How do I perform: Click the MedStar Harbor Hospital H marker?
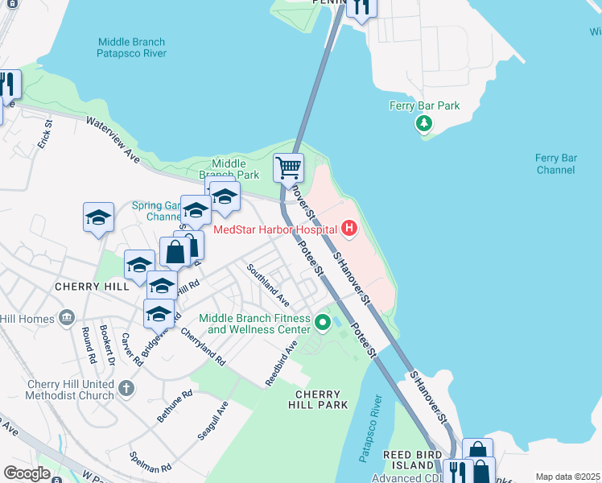click(x=348, y=229)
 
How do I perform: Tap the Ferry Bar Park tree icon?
click(x=423, y=123)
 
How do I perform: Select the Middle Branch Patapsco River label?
click(x=131, y=47)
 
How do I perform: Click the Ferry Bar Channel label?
click(x=556, y=164)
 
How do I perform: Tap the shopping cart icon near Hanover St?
click(x=288, y=168)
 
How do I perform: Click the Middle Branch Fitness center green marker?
click(x=323, y=324)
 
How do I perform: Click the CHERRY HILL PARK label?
click(x=321, y=399)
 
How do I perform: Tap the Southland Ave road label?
click(x=268, y=279)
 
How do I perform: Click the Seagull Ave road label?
click(x=213, y=421)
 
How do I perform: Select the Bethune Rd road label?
click(x=175, y=406)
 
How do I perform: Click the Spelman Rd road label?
click(x=150, y=461)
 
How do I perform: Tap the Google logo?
click(x=27, y=473)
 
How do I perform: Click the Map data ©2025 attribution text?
click(x=567, y=477)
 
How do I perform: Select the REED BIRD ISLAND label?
click(x=410, y=460)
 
